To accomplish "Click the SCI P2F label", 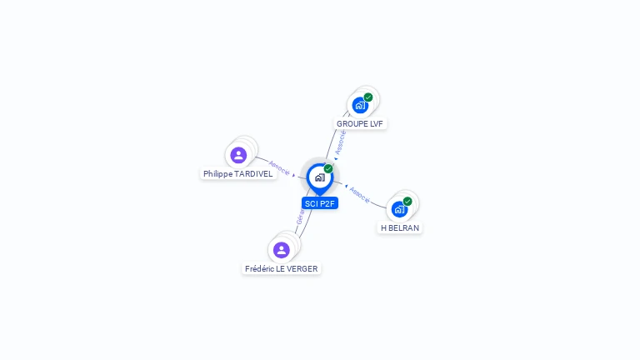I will (320, 203).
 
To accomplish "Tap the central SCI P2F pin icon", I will (320, 177).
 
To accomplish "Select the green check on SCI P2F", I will (328, 169).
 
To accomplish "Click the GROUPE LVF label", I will (360, 123).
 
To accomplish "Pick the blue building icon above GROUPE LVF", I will (360, 106).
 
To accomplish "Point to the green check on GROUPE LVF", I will (368, 97).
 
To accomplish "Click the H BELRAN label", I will (400, 227).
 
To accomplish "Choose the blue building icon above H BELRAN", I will (400, 209).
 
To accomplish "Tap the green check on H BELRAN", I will (407, 201).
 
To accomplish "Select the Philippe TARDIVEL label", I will (238, 174).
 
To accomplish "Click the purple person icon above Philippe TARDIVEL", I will (239, 155).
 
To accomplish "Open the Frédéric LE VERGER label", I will (282, 268).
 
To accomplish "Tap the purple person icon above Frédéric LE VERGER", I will (282, 250).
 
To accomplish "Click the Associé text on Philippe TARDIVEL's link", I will (279, 167).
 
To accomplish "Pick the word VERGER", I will (302, 268).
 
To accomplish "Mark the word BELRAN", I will (404, 227).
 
